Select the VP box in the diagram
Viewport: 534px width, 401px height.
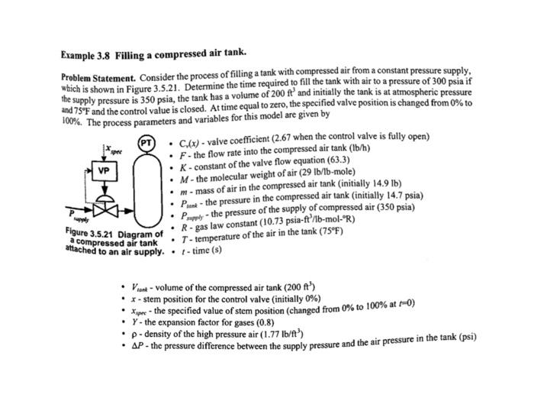102,170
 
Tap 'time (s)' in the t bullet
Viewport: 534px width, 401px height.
207,249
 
